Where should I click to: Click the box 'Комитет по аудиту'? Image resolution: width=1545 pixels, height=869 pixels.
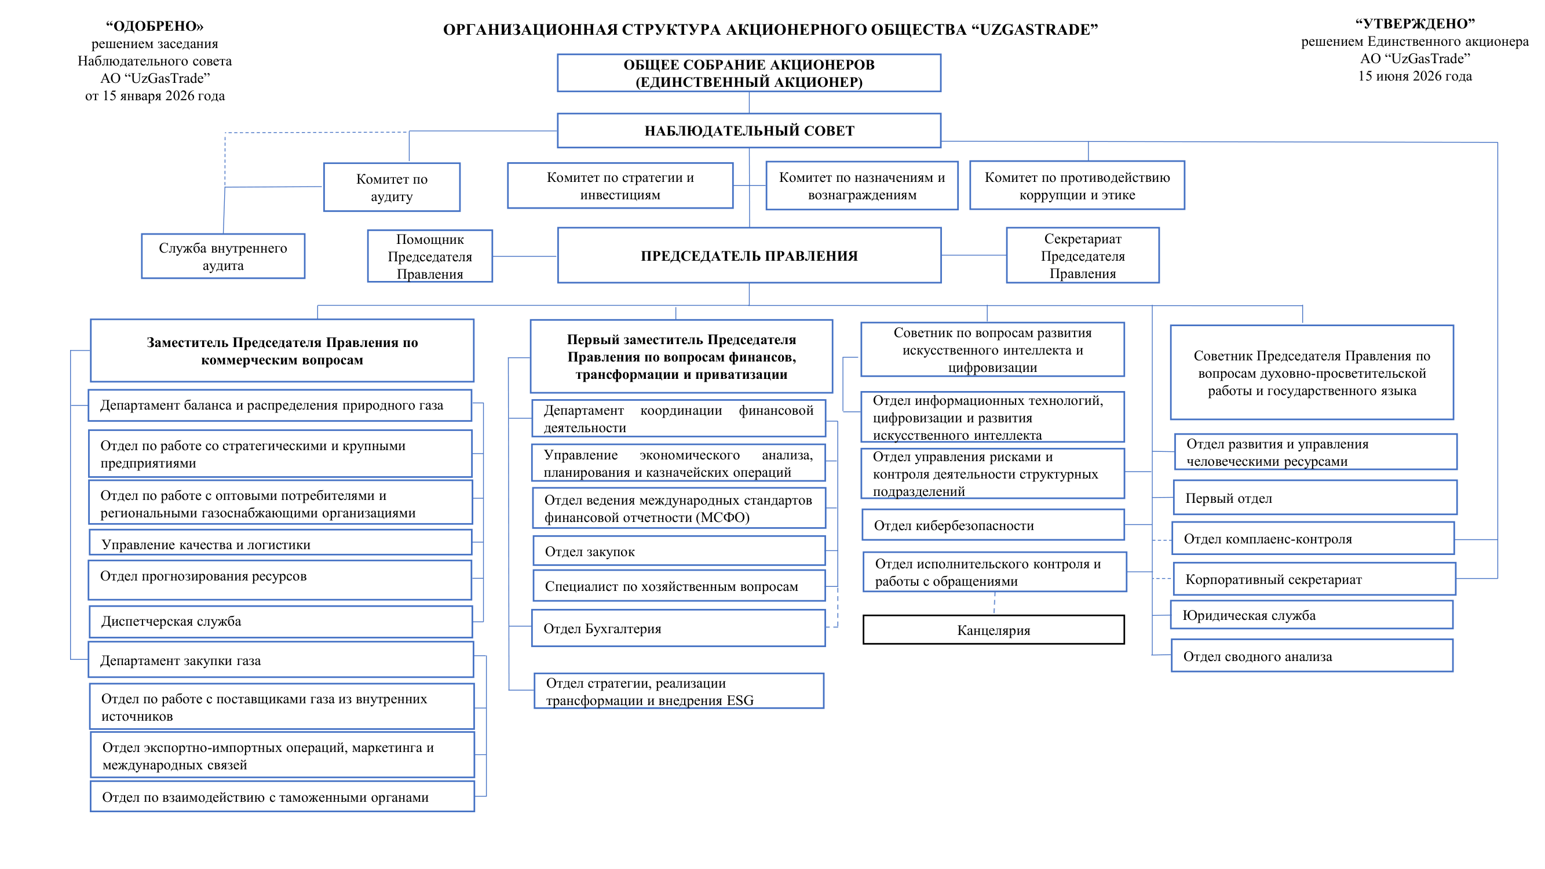coord(392,187)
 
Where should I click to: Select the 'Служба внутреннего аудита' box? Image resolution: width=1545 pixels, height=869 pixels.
coord(223,256)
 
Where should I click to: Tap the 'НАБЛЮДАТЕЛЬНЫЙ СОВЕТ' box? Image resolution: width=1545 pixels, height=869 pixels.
coord(749,130)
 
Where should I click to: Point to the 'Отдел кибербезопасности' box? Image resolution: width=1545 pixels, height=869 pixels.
coord(992,525)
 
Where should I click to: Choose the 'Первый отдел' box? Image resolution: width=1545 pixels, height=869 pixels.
coord(1314,497)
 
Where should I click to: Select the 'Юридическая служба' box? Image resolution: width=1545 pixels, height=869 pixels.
coord(1312,615)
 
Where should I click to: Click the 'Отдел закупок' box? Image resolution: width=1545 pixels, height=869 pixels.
coord(679,550)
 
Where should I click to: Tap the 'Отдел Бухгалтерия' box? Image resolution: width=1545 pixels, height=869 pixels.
coord(678,628)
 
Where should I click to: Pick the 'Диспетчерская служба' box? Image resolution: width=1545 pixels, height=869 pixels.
coord(281,621)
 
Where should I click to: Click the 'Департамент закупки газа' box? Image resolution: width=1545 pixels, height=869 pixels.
coord(281,660)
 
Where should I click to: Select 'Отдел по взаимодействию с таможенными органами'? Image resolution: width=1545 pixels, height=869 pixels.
coord(282,796)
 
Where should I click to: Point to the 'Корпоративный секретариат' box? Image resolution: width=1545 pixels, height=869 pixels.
coord(1314,579)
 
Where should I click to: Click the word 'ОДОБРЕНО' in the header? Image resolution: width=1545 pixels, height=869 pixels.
coord(155,27)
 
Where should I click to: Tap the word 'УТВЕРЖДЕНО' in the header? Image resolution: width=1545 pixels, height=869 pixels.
coord(1415,24)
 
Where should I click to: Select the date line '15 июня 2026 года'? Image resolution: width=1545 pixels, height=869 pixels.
coord(1415,76)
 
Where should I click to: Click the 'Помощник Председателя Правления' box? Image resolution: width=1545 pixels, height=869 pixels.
coord(430,256)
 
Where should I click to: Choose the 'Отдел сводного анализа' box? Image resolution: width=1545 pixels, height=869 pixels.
coord(1312,655)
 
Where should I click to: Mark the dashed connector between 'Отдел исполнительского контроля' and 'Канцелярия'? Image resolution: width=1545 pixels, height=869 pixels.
coord(995,603)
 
